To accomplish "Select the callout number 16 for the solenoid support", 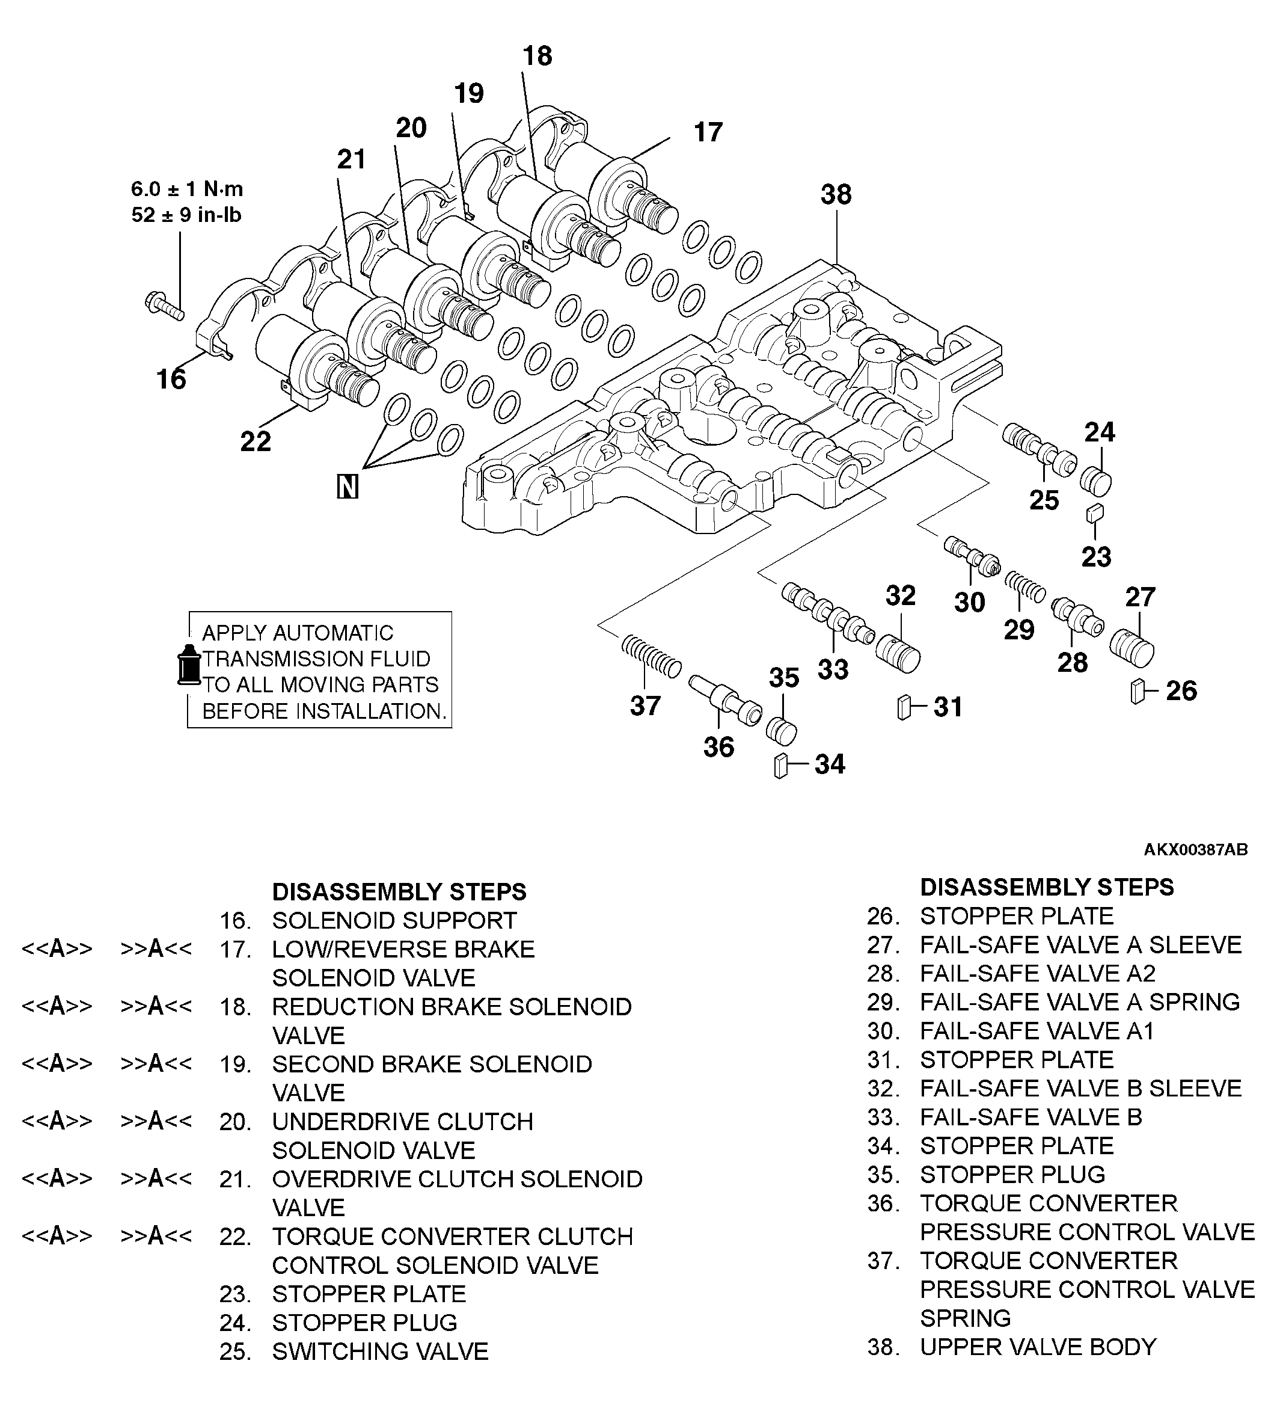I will [171, 379].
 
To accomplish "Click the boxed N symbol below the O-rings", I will [347, 487].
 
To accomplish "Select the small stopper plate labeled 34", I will [780, 766].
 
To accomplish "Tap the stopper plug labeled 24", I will [1096, 481].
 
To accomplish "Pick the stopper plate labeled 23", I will [1094, 514].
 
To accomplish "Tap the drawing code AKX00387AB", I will [1195, 849].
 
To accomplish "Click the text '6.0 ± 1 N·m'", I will [187, 189].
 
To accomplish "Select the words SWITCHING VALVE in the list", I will [380, 1351].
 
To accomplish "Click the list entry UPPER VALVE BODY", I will [1038, 1347].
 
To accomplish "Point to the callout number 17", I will [708, 132].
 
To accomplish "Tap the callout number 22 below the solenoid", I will [255, 441].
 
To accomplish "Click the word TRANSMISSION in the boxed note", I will [316, 659].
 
